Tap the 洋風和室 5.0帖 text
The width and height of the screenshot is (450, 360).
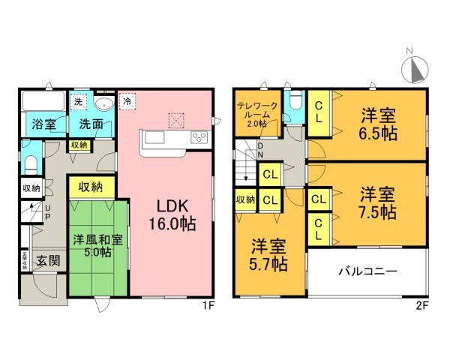(93, 246)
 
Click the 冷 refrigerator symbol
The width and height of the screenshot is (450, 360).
(127, 100)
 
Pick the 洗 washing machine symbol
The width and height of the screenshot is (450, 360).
(78, 100)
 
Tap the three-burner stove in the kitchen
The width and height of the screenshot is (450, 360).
(200, 136)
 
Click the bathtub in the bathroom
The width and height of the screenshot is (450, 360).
(43, 100)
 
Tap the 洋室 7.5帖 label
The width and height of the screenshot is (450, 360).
(377, 203)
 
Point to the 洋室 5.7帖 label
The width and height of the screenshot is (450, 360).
(268, 255)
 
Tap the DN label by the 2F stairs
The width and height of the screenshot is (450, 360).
(260, 151)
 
